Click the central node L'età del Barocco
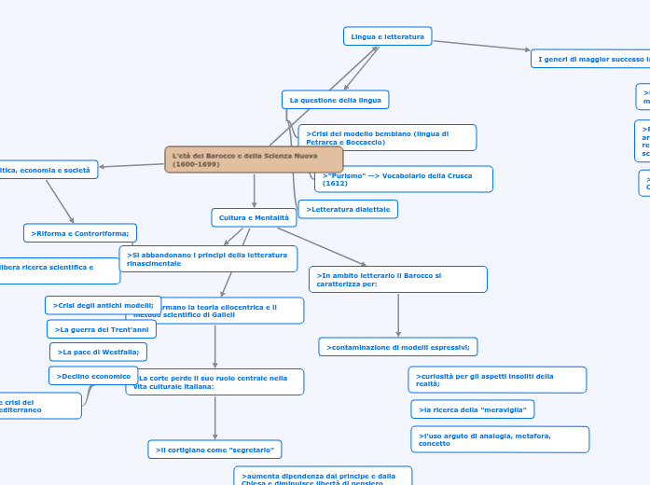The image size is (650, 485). pos(254,159)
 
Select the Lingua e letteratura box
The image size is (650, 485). pos(387,36)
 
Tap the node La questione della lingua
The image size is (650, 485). pos(335,99)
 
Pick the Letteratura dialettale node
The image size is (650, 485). pos(348,209)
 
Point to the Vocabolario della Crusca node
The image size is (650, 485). pos(404,179)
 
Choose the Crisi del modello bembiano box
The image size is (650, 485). pos(387,138)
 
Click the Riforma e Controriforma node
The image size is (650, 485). pos(80,232)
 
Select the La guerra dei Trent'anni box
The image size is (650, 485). pos(102,329)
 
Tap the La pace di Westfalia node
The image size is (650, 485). pos(98,352)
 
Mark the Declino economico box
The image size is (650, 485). pos(93,376)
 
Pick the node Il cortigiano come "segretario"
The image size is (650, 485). pos(214,450)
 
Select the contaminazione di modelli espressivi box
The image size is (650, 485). pos(398,347)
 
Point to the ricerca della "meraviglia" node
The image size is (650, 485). pos(472,409)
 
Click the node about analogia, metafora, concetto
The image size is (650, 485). pos(499,439)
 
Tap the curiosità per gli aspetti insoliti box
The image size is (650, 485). pos(497,380)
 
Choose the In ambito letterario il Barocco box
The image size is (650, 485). pos(397,280)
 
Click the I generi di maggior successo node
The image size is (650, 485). pos(590,59)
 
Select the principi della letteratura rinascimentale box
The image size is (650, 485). pos(208,259)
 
